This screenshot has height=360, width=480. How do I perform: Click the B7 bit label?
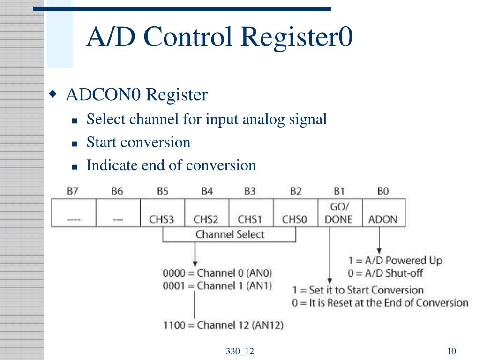coord(73,191)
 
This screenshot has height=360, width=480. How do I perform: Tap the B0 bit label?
coord(383,191)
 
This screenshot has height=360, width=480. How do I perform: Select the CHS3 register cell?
coord(163,213)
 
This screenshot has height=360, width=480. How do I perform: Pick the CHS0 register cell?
coord(296,213)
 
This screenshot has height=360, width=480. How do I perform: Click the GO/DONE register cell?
coord(340,213)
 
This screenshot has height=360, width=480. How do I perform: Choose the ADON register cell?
coord(384,213)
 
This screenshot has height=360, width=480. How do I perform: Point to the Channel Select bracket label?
coord(230,234)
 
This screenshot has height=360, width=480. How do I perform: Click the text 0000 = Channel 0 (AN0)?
coord(217,273)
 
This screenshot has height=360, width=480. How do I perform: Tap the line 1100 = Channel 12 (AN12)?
coord(223,325)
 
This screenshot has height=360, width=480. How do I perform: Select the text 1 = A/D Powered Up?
coord(395,261)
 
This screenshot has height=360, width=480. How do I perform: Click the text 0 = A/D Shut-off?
coord(385,273)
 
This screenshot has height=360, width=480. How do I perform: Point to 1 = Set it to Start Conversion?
coord(358,290)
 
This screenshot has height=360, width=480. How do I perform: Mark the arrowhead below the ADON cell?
coord(379,251)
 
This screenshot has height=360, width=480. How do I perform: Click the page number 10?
coord(451,351)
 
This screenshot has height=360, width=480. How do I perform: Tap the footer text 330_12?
coord(240,351)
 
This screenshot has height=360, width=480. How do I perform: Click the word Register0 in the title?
coord(297,37)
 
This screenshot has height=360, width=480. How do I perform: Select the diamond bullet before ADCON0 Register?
coord(53,93)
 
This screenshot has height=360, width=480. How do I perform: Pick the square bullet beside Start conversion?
coord(75,143)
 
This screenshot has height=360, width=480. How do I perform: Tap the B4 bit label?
coord(207,191)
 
